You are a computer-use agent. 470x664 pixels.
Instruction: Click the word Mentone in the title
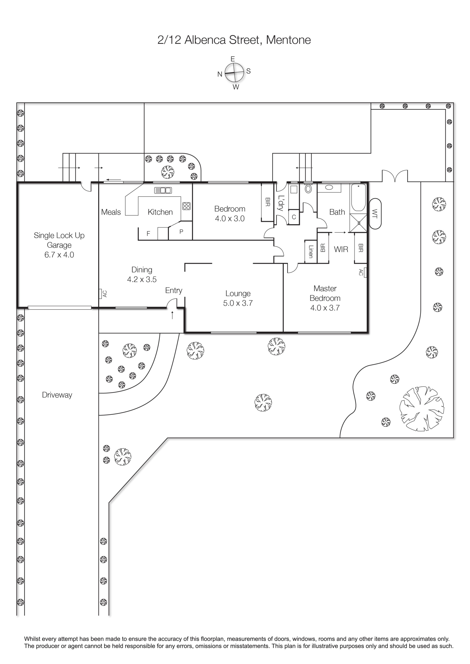point(288,40)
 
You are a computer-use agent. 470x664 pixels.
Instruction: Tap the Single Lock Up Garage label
point(59,245)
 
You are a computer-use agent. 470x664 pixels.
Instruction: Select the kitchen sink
point(163,190)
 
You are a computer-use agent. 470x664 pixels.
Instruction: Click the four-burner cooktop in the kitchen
point(186,206)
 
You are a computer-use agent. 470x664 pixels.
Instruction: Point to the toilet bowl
point(308,189)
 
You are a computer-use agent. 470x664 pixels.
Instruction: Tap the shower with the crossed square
point(359,223)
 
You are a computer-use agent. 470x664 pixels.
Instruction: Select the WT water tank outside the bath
point(375,214)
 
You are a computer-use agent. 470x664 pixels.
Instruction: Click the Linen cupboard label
point(311,251)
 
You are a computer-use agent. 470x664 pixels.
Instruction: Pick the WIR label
point(341,249)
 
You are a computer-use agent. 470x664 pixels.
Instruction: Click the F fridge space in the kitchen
point(149,234)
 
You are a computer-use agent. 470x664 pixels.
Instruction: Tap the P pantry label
point(181,232)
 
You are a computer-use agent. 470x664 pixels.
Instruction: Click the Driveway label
point(57,395)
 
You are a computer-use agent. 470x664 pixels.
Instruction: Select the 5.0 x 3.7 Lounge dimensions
point(238,303)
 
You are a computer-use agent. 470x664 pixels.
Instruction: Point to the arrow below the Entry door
point(173,315)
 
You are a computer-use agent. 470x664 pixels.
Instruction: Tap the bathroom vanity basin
point(329,187)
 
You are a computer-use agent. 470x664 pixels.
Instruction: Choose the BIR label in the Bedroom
point(268,202)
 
